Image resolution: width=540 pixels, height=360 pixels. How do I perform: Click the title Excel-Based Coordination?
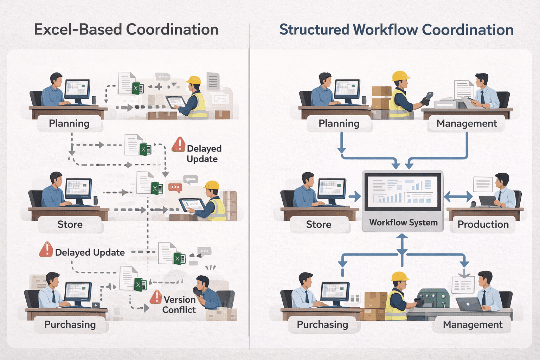(126, 30)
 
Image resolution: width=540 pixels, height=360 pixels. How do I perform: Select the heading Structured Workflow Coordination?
(396, 30)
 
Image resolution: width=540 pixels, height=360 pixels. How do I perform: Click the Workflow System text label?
(403, 223)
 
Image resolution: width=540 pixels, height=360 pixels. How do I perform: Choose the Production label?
(483, 224)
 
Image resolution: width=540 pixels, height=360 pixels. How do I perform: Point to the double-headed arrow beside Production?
(458, 197)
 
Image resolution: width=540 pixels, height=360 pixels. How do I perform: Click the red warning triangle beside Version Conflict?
(156, 297)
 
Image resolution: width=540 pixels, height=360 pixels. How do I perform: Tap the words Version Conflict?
(179, 304)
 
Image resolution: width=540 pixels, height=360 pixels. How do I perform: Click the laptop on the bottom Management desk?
(469, 304)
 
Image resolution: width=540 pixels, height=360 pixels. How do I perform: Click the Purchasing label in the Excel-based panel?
(70, 324)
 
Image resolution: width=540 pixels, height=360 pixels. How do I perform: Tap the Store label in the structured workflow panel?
(319, 224)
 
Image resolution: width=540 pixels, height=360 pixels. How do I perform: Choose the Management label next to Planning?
(467, 123)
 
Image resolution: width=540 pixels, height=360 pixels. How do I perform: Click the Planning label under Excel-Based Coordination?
(69, 123)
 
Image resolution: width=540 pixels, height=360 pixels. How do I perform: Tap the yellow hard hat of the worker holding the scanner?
(400, 76)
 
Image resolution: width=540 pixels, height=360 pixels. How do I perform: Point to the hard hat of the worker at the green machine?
(400, 276)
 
